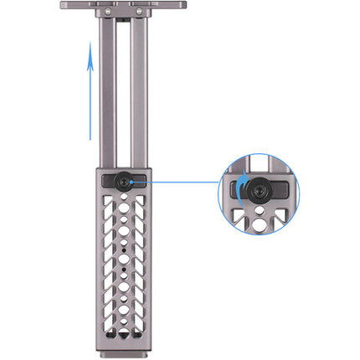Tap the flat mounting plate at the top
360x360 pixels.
tap(123, 5)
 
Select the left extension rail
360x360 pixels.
tap(108, 92)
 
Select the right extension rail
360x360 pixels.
tap(139, 92)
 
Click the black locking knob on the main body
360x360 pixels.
tap(123, 180)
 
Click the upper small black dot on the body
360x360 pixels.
tap(124, 249)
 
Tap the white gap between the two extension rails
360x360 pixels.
tap(123, 92)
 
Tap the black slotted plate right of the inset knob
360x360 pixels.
tap(278, 191)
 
